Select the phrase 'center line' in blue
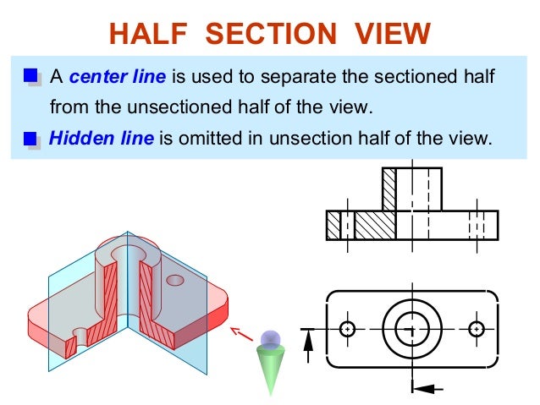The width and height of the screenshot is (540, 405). click(118, 78)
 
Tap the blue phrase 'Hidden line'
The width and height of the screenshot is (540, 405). click(101, 138)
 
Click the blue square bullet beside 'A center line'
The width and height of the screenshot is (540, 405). click(30, 78)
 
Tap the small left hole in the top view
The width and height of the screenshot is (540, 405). click(347, 328)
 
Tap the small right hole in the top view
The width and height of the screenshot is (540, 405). click(477, 328)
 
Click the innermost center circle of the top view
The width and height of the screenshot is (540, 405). click(412, 328)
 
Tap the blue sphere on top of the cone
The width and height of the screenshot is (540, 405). click(270, 340)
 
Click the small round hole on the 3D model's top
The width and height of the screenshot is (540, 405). click(175, 279)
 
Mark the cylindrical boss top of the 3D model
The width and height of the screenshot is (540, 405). click(127, 251)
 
